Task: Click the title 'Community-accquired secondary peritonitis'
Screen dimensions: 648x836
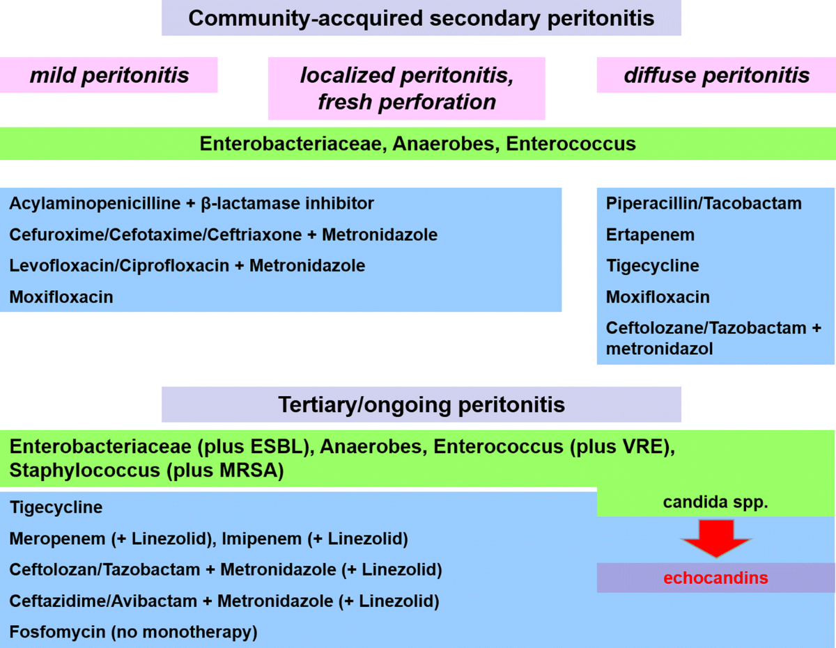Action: [x=421, y=18]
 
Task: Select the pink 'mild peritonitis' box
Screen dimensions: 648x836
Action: [x=109, y=74]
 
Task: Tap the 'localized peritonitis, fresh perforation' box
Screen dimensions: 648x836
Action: [x=407, y=88]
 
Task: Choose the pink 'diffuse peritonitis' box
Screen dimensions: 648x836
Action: [x=716, y=74]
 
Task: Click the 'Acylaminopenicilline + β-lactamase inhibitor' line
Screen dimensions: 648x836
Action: [x=192, y=204]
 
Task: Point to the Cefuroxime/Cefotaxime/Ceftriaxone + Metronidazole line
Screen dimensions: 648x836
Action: [x=223, y=235]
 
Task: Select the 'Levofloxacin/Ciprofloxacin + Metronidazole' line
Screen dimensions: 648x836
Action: [x=187, y=266]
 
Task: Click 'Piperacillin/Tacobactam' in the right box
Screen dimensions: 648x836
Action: [x=704, y=204]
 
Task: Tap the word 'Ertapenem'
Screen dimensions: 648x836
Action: [x=650, y=235]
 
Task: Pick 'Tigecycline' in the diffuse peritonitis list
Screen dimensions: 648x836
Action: [x=652, y=266]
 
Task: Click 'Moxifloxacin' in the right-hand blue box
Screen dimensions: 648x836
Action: [x=658, y=297]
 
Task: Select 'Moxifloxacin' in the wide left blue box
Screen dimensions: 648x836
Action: [x=61, y=297]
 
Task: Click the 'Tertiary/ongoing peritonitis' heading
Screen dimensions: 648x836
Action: [x=421, y=404]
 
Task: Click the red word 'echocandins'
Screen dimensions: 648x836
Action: [x=715, y=578]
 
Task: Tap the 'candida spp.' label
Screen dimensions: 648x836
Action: [x=715, y=502]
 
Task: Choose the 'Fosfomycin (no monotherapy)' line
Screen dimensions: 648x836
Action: [x=133, y=632]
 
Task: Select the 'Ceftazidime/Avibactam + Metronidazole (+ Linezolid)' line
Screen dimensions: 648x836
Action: [x=224, y=601]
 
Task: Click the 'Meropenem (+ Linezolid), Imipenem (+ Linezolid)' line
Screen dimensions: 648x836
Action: [x=208, y=539]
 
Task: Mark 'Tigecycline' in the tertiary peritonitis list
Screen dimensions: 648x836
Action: [x=56, y=507]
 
